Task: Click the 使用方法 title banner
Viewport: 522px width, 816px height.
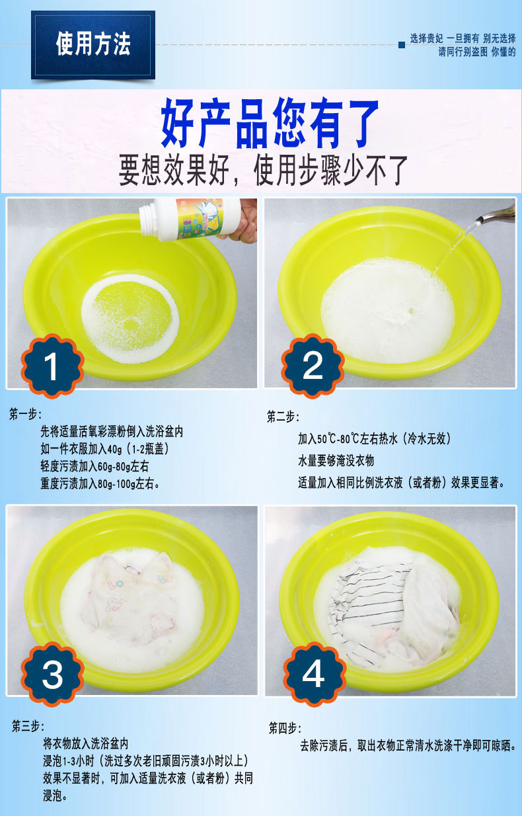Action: pos(93,44)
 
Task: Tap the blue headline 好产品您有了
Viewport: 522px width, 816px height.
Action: pos(270,124)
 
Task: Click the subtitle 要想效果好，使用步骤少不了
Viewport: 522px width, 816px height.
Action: pos(264,169)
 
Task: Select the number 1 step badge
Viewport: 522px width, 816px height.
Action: pos(52,366)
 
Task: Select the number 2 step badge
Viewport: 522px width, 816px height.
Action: pos(313,366)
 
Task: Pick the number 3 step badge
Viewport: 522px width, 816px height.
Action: pos(52,673)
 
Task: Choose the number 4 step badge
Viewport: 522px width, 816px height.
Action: pos(313,673)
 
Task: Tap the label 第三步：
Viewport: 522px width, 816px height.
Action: pos(26,725)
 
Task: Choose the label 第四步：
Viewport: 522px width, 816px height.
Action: pos(284,728)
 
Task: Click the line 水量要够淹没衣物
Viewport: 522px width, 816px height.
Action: pos(336,460)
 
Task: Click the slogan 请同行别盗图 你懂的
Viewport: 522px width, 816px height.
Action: pos(476,52)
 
